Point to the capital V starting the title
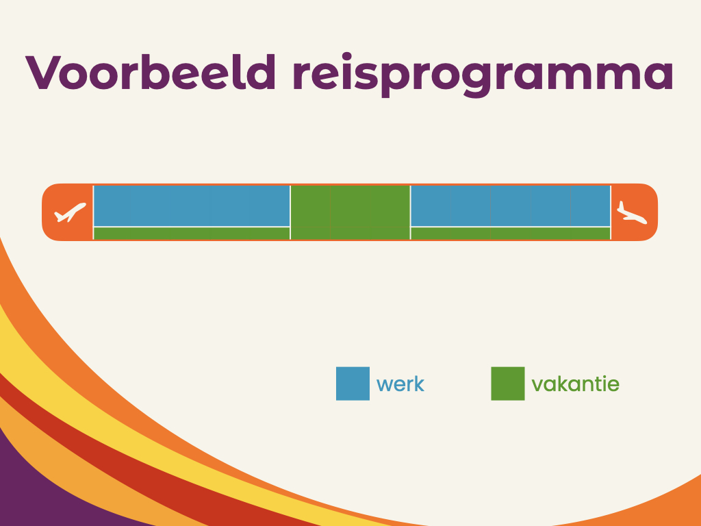(x=43, y=73)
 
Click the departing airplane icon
(x=70, y=212)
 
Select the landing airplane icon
(x=632, y=212)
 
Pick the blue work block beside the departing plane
(x=192, y=205)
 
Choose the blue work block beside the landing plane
(x=511, y=205)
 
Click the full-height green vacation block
(x=350, y=212)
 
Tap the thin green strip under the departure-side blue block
(x=192, y=234)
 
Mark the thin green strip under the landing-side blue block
(x=511, y=234)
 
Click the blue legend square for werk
(x=353, y=384)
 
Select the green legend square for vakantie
(x=508, y=384)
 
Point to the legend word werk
(x=400, y=384)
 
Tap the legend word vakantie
(x=575, y=384)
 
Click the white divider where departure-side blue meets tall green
(x=290, y=212)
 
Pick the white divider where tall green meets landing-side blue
(x=411, y=212)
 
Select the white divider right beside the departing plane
(x=93, y=212)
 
